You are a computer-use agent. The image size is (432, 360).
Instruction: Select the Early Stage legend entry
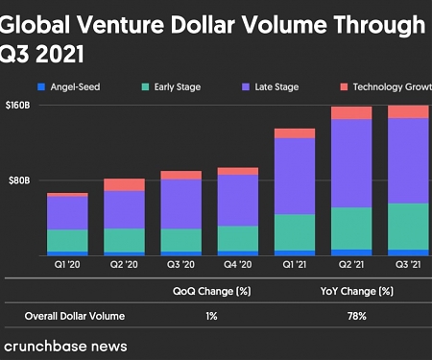pyautogui.click(x=178, y=87)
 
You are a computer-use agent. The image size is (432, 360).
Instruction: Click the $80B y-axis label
pyautogui.click(x=21, y=180)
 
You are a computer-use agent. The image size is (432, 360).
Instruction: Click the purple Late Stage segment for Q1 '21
pyautogui.click(x=295, y=176)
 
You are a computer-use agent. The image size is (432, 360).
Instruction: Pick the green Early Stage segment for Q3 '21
pyautogui.click(x=408, y=226)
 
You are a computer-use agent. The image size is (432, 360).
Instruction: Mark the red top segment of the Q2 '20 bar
pyautogui.click(x=124, y=184)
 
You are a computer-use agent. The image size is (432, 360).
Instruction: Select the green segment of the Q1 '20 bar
pyautogui.click(x=67, y=240)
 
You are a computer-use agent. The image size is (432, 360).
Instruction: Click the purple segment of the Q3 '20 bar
pyautogui.click(x=180, y=204)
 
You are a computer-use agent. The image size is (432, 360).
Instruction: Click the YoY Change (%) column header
pyautogui.click(x=357, y=291)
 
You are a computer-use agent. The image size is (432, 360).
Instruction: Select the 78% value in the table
pyautogui.click(x=357, y=316)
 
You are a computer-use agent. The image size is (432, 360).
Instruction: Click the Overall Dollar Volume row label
pyautogui.click(x=75, y=316)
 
